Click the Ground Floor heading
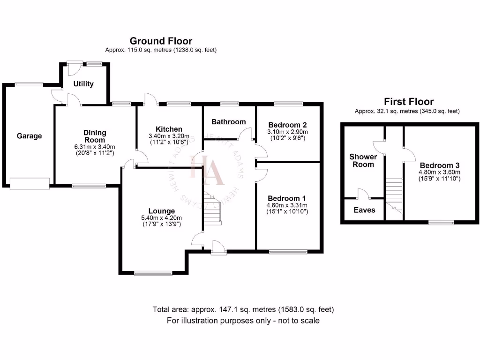coord(161,41)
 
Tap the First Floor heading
coord(409,101)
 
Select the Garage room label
coord(29,136)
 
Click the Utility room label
coord(83,84)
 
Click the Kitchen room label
coord(169,129)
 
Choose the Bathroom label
coord(228,122)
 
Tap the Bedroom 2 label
coord(287,125)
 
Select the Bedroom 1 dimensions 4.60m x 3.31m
coord(287,205)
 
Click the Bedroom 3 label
coord(439,165)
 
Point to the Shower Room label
coord(363,160)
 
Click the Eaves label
coord(364,210)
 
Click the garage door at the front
coord(30,183)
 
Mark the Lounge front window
coord(153,272)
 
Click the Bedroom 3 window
coord(441,223)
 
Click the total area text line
coord(243,310)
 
